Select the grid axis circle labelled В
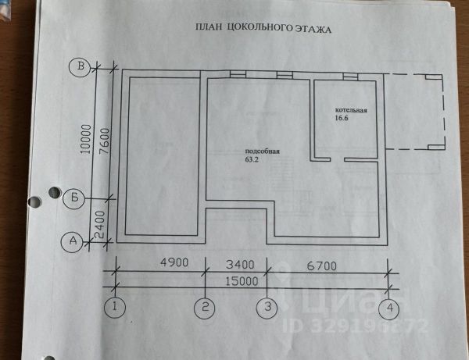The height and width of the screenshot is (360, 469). [x=79, y=67]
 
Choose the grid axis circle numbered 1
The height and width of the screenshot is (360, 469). [x=116, y=307]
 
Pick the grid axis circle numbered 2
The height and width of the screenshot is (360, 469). [x=206, y=307]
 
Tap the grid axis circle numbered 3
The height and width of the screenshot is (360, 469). [x=268, y=307]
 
